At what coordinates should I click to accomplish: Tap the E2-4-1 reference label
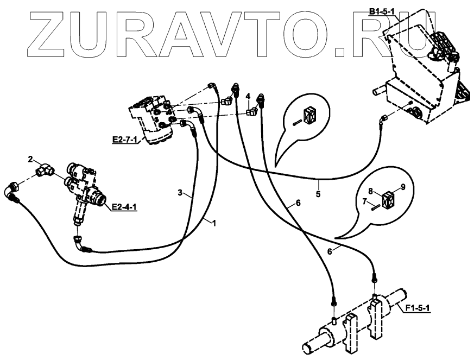[124, 207]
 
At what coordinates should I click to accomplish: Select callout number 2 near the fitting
[31, 159]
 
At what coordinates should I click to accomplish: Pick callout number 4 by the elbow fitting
[248, 97]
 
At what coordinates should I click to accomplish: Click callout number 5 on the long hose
[318, 193]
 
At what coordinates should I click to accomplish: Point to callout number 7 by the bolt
[365, 201]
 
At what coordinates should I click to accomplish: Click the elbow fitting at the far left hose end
[12, 191]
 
